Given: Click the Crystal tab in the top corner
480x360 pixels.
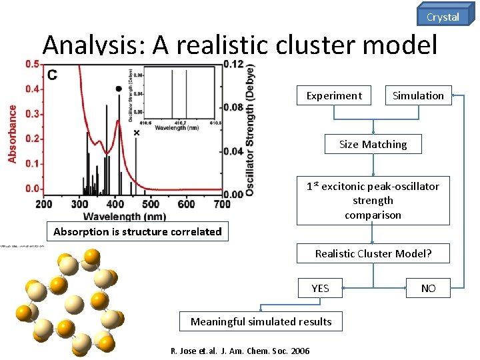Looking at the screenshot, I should point(443,16).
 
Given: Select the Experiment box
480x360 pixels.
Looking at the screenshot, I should point(333,96).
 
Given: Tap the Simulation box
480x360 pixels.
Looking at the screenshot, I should point(418,96).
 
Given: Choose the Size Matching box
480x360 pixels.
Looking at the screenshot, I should point(373,145).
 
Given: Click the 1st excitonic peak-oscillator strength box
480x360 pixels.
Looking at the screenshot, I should point(373,201).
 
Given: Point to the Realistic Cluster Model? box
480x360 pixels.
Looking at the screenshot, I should point(373,253).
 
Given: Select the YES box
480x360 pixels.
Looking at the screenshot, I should point(320,289).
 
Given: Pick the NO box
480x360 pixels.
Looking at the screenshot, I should point(429,289).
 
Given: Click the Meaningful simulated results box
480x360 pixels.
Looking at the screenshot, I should point(261,322).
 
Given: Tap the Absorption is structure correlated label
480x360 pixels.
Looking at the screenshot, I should point(137,232).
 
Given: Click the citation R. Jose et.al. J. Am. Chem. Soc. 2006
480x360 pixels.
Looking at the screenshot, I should point(240,351).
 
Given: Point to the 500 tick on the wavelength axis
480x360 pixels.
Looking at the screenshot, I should point(151,204).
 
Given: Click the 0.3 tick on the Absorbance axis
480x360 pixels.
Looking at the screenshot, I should point(32,114).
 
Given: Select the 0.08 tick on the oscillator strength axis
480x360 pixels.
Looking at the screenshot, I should point(233,107).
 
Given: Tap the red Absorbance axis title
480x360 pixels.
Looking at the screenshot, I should point(13,133).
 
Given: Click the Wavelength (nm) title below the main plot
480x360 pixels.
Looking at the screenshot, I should point(125,216).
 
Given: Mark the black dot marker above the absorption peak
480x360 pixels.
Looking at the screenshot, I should point(119,89).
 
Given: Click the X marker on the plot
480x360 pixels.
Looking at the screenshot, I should point(137,133).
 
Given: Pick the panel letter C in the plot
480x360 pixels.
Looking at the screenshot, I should point(52,75).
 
